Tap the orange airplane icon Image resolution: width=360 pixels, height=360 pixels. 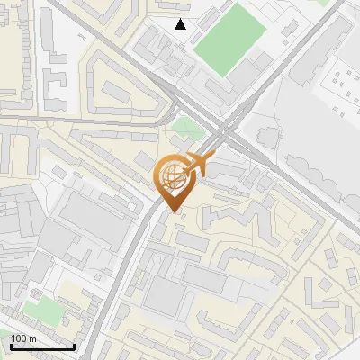(x=199, y=165)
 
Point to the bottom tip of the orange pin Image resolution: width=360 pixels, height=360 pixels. (x=174, y=211)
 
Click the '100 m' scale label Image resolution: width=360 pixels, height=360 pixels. (x=22, y=337)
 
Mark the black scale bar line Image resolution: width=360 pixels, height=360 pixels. (x=42, y=346)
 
